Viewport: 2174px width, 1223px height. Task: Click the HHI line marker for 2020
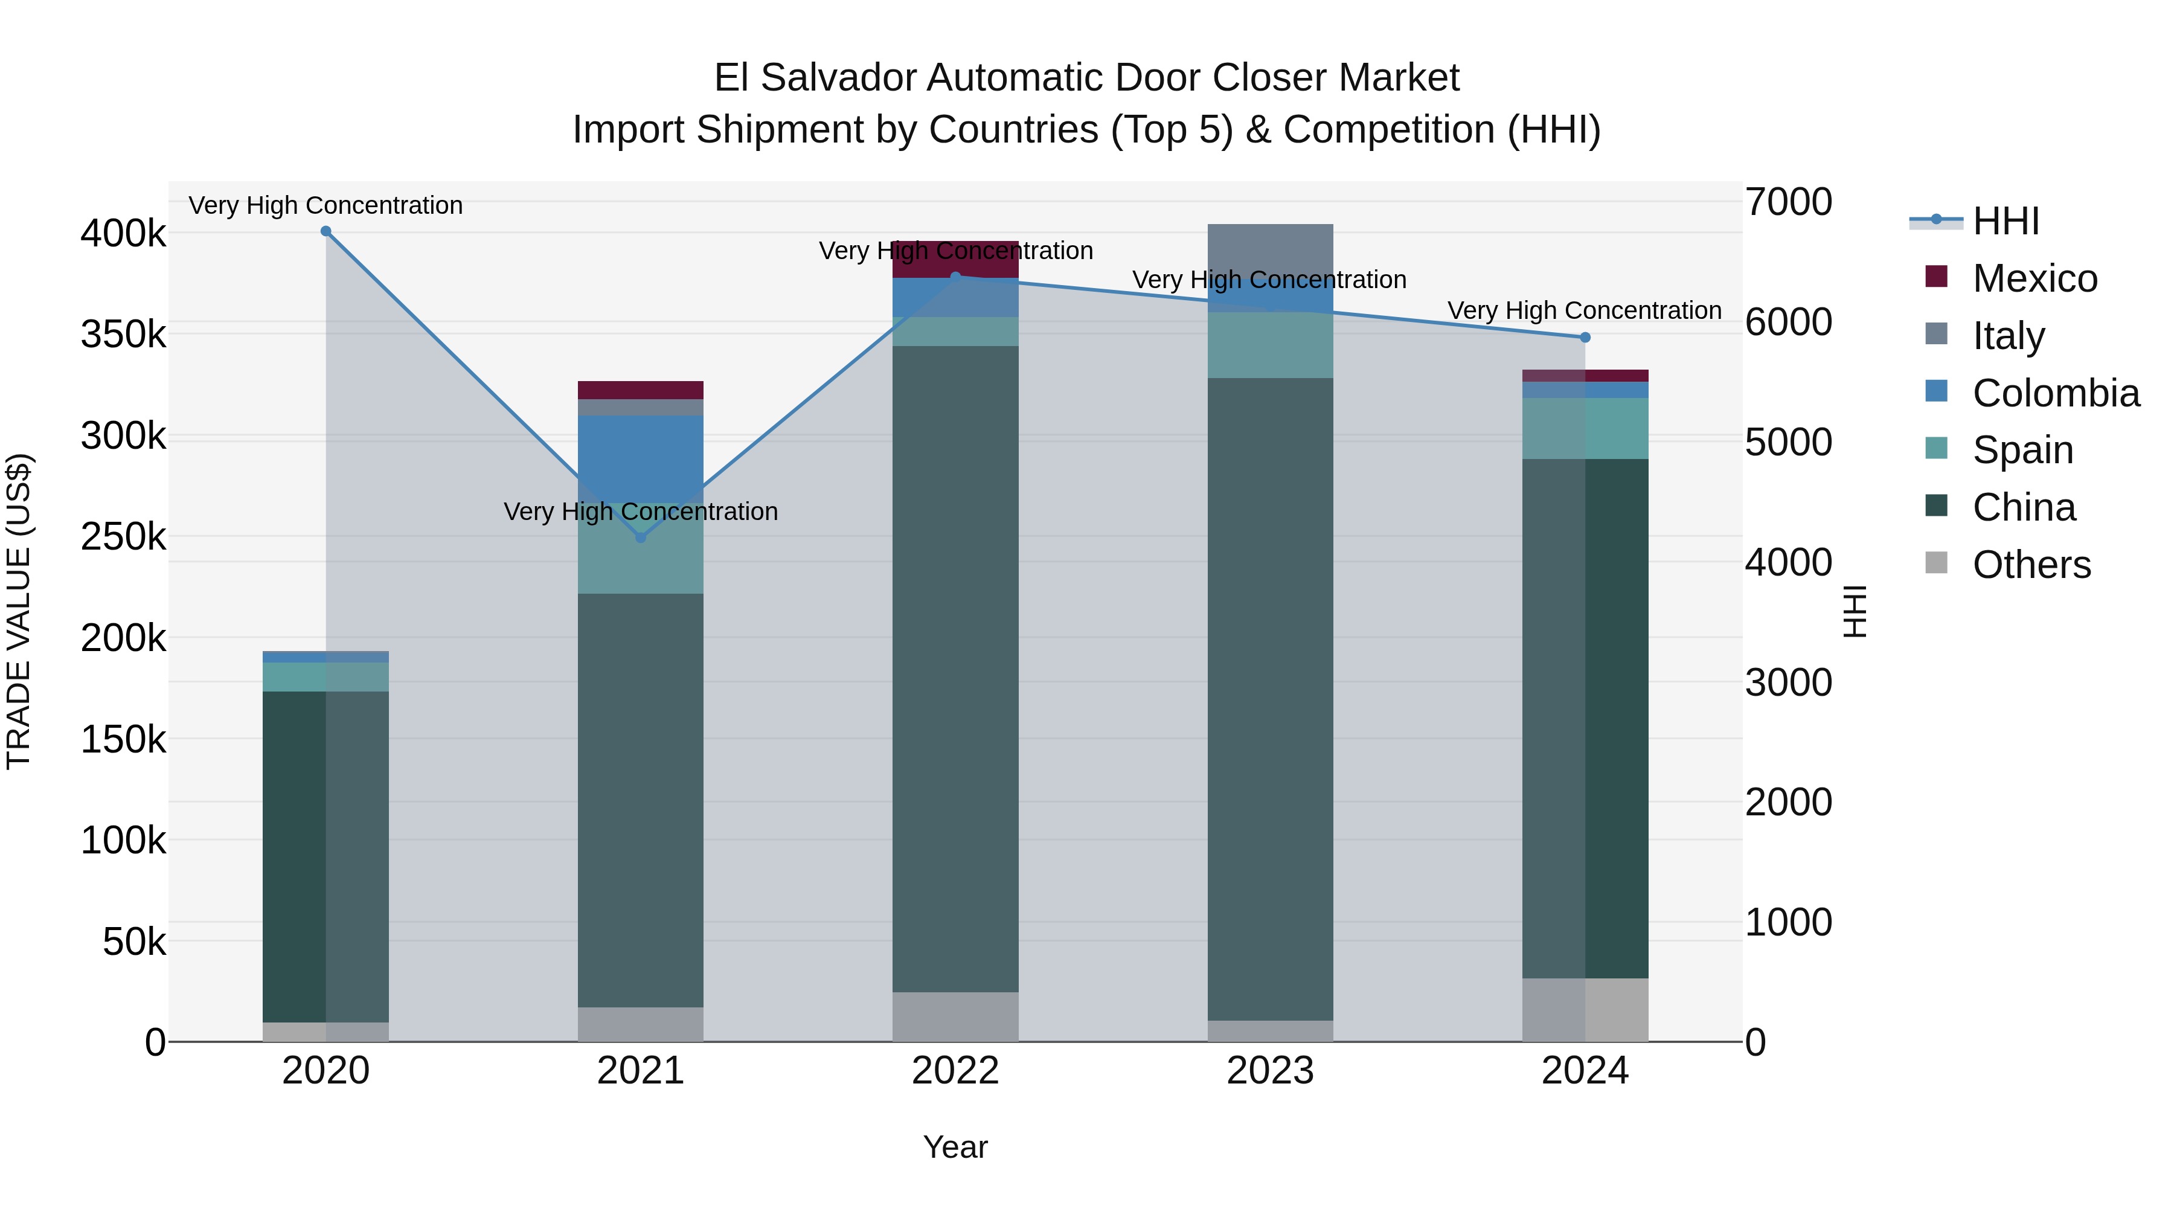pos(325,231)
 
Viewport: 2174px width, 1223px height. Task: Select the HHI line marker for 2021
pos(641,538)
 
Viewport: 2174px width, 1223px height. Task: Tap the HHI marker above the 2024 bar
pos(1585,338)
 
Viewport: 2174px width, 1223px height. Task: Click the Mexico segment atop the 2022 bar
pos(955,260)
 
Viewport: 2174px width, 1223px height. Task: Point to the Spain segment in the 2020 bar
pos(325,677)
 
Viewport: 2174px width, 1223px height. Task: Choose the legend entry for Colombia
pos(2055,393)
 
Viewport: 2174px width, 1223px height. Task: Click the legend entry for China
pos(2023,508)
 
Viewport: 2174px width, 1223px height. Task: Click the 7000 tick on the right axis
pos(1788,202)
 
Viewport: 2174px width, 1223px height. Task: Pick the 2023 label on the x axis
pos(1270,1071)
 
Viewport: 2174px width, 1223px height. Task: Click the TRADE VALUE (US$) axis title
pos(19,611)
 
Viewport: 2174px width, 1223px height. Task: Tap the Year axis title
pos(955,1147)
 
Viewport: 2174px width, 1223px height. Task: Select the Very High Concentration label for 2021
pos(641,512)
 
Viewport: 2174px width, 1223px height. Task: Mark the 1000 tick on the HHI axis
pos(1788,922)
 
